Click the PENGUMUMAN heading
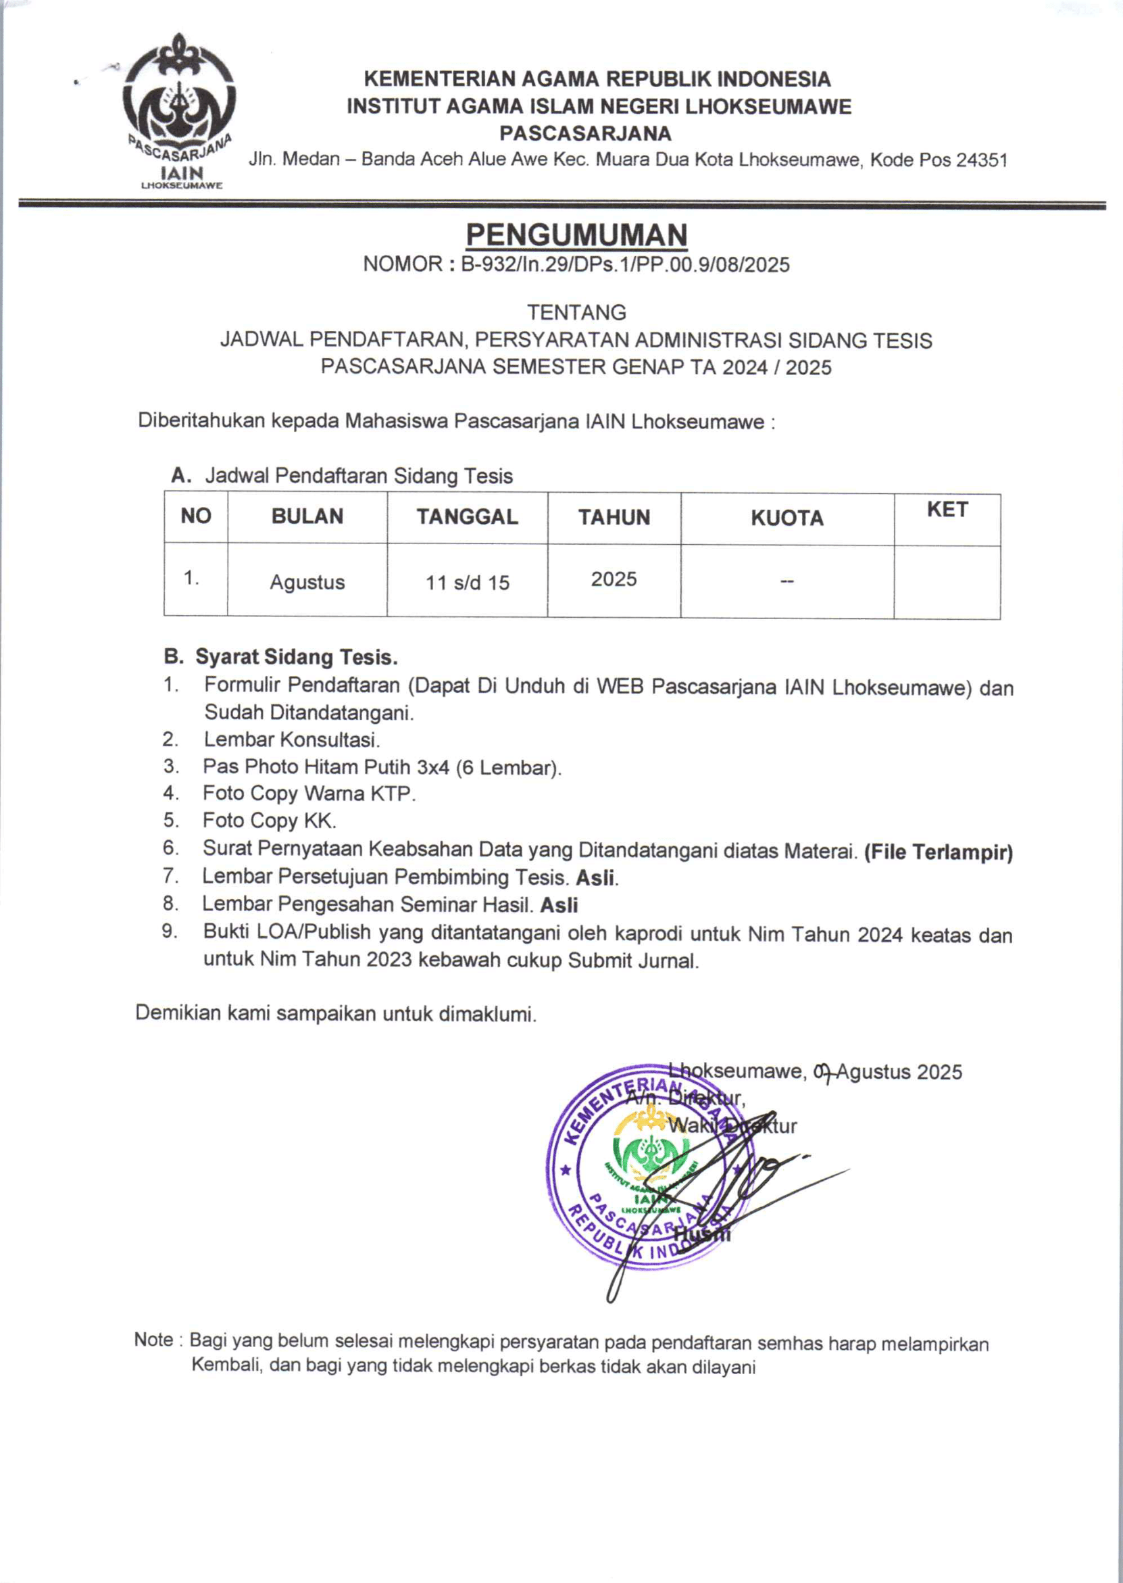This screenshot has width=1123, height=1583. point(576,236)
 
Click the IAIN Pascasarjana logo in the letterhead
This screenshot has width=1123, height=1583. point(179,111)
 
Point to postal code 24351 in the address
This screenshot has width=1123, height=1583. point(981,160)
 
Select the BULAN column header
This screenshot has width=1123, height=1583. point(307,516)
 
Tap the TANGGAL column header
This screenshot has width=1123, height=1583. point(467,516)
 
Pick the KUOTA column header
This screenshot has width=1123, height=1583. point(787,518)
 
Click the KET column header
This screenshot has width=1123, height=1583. point(947,510)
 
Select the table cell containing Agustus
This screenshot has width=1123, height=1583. point(307,582)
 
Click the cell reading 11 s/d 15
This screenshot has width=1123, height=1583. point(467,582)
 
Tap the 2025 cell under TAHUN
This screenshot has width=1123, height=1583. point(614,579)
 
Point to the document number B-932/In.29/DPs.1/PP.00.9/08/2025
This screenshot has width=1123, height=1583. point(625,265)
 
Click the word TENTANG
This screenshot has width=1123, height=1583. point(576,312)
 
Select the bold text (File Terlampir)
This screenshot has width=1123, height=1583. point(939,852)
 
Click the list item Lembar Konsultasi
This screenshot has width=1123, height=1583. point(291,739)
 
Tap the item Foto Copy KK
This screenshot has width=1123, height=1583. point(269,821)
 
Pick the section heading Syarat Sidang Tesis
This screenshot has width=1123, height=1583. point(296,656)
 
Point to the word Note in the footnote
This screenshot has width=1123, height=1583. point(153,1340)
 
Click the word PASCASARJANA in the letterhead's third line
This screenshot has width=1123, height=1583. point(585,132)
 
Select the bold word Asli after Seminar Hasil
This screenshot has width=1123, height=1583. point(559,905)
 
